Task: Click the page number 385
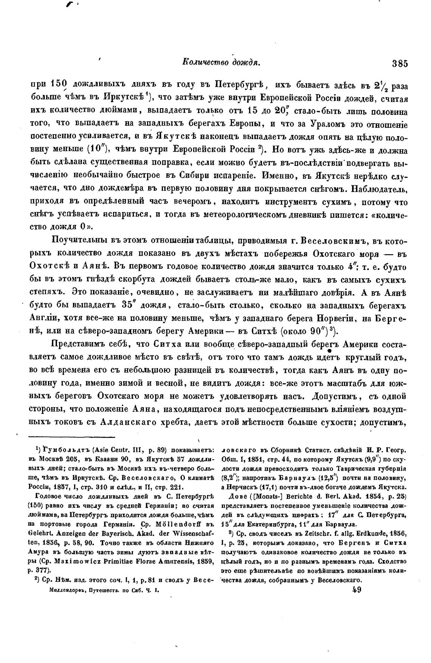tap(400, 64)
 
